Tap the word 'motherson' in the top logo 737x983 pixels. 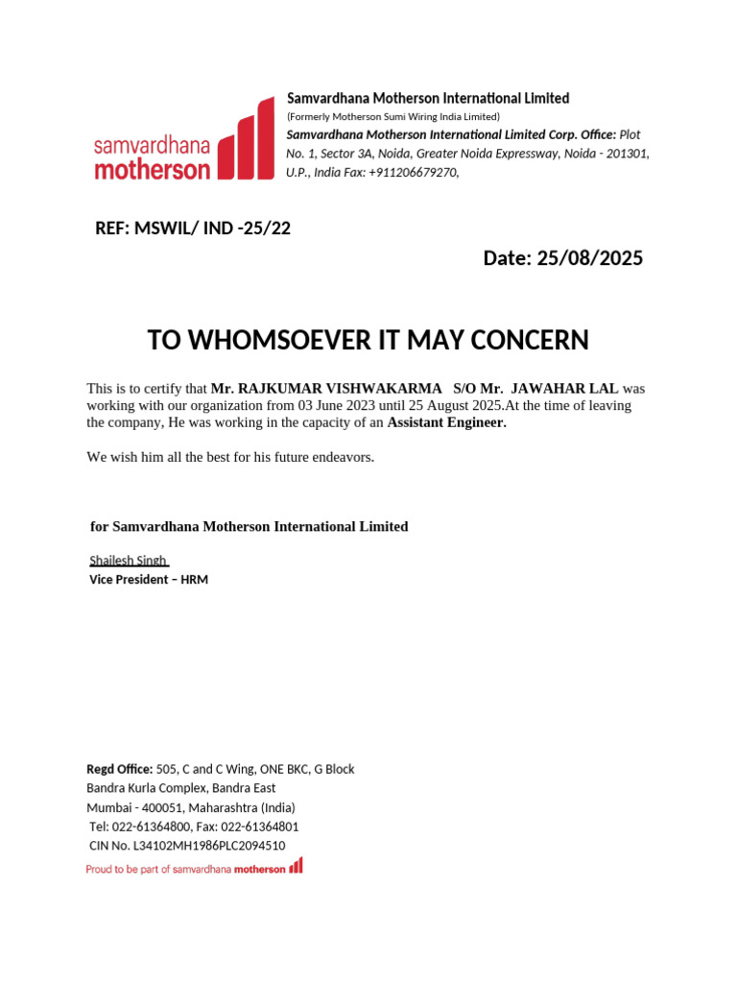(152, 170)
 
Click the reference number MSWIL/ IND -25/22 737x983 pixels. (212, 228)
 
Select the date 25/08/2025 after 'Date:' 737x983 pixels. (589, 258)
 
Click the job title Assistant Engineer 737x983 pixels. (445, 422)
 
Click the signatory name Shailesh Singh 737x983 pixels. (128, 560)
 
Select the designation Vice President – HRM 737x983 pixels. (149, 580)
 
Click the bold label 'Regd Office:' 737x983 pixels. (119, 769)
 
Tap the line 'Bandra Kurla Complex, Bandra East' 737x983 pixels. (181, 788)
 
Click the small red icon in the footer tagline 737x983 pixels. (296, 866)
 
